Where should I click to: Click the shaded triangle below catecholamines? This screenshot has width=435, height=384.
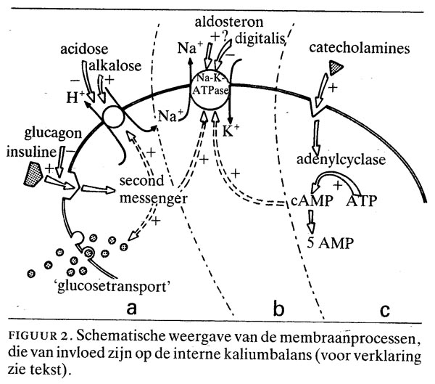pos(334,68)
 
